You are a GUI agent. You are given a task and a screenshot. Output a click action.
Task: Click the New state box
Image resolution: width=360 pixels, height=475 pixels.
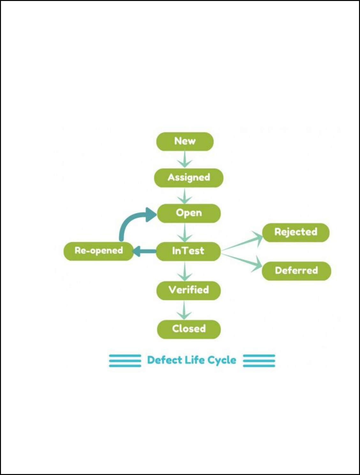185,141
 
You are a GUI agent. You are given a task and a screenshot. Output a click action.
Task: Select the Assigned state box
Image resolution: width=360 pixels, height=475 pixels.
189,177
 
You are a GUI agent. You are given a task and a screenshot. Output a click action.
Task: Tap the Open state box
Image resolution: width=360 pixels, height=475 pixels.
189,213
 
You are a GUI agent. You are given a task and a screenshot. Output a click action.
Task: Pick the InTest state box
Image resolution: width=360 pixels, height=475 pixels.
188,251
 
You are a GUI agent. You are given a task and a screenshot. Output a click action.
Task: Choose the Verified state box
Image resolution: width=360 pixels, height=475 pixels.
189,290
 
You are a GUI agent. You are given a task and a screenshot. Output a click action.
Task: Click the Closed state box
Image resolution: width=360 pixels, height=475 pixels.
189,329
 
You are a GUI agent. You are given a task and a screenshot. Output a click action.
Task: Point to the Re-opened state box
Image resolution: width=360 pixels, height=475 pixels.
99,251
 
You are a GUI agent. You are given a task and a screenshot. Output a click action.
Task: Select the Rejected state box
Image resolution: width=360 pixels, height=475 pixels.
296,232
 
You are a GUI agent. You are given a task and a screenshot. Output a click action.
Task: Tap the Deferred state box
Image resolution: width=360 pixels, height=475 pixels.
296,271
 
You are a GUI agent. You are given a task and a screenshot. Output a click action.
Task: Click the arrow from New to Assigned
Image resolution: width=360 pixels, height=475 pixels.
185,159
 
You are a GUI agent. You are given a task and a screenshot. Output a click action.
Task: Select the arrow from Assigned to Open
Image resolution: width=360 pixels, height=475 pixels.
185,195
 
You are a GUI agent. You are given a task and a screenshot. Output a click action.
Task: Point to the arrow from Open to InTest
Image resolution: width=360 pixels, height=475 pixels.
185,232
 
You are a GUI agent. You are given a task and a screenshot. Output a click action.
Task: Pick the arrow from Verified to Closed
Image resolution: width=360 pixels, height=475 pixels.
185,310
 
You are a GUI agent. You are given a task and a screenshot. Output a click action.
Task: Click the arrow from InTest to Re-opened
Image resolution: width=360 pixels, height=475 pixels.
144,251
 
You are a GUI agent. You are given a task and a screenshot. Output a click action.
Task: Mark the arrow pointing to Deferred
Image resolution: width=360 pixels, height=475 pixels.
243,260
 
